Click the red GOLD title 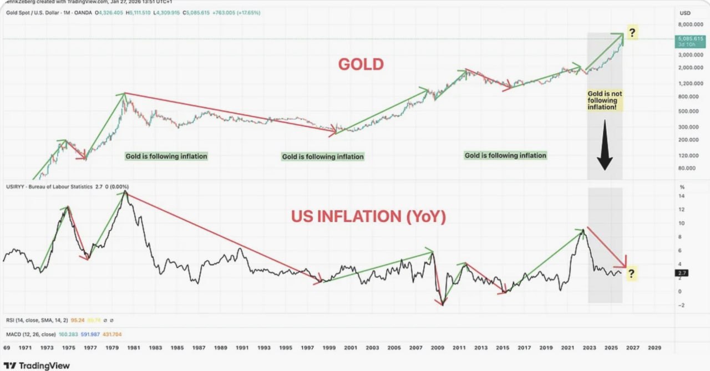pos(361,64)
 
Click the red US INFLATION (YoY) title pos(368,216)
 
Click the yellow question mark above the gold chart pos(632,32)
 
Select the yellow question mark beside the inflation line pos(632,273)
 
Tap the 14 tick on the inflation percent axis pos(682,196)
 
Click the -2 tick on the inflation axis pos(682,305)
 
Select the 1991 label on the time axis pos(242,347)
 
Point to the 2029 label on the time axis pos(655,347)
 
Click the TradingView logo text pos(44,366)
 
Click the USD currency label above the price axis pos(685,13)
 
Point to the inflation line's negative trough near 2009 pos(442,304)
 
